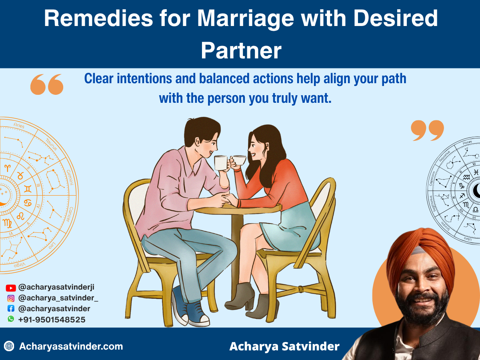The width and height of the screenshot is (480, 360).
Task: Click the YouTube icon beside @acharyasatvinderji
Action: pos(11,288)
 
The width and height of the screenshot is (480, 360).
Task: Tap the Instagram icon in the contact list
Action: pos(11,298)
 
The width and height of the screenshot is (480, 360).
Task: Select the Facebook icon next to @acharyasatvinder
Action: pos(11,309)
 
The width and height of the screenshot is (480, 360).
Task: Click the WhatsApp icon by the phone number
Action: pos(11,319)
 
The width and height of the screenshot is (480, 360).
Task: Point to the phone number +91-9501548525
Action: pos(52,320)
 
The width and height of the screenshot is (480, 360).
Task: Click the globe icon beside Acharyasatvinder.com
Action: pos(9,346)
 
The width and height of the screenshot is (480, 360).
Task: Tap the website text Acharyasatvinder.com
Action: pos(71,346)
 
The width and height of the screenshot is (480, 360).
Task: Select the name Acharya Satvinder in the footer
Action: pos(284,346)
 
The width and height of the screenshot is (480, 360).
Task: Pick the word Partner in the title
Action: pos(241,51)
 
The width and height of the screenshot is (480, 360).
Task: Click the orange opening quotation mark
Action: pos(47,84)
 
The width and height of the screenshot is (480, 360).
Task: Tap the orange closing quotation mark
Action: pos(428,130)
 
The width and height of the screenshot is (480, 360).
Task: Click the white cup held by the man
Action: pos(221,162)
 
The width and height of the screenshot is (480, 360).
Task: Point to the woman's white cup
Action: pos(239,160)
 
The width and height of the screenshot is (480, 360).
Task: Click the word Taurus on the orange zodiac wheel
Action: pos(51,144)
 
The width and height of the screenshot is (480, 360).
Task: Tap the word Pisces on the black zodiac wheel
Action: pos(467,142)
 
